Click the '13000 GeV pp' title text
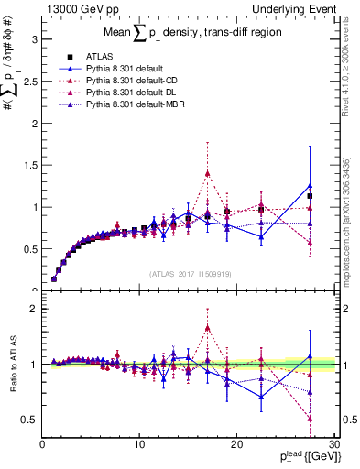tap(80, 8)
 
